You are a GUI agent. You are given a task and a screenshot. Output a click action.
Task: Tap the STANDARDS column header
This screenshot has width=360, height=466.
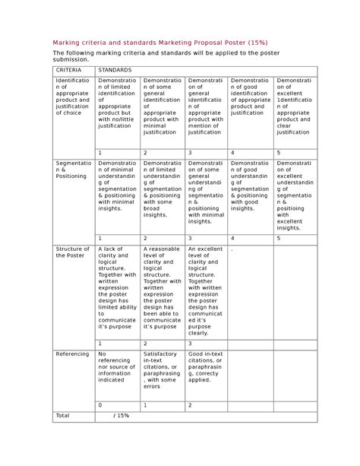click(x=115, y=69)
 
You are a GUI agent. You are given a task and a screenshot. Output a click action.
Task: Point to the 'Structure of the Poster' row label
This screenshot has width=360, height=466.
click(x=72, y=252)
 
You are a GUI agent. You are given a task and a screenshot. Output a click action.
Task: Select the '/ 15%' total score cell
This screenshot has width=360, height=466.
click(x=121, y=415)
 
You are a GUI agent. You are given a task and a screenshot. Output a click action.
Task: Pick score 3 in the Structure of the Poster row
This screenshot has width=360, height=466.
click(x=190, y=344)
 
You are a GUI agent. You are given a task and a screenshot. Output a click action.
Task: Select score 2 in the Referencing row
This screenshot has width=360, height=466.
click(x=190, y=405)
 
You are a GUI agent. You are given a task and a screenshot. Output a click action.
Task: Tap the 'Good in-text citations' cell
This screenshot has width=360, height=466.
click(x=205, y=368)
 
